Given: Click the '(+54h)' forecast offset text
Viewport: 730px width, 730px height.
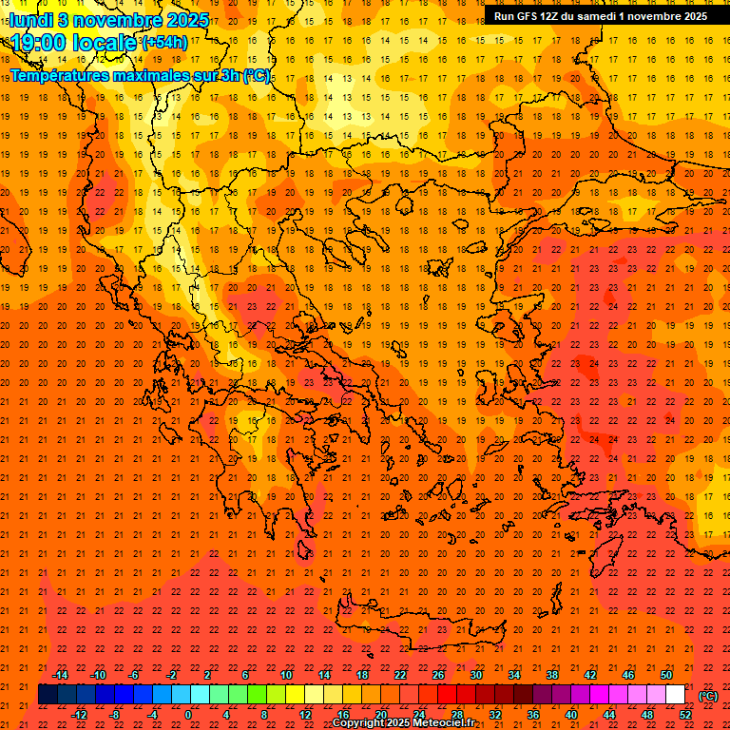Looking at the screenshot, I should [x=164, y=43].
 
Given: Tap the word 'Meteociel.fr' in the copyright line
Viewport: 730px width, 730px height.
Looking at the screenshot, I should [x=444, y=723].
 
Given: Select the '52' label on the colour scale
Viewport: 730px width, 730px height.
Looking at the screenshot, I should [x=685, y=714].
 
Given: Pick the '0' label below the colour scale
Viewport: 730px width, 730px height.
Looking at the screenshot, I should [x=188, y=714].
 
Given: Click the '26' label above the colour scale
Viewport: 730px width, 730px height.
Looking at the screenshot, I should [x=438, y=675].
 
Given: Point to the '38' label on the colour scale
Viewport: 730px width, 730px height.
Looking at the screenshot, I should [x=552, y=675].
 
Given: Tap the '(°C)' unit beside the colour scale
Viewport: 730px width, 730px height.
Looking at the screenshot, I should [x=708, y=695].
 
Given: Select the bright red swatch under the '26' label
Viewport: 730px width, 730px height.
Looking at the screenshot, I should [x=447, y=695].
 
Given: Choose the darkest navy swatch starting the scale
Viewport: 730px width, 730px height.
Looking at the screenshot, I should [x=48, y=695].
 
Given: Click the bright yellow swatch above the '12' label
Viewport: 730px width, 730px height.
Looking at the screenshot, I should [x=295, y=695].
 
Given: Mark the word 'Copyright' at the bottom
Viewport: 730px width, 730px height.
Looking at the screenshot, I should [x=358, y=723].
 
